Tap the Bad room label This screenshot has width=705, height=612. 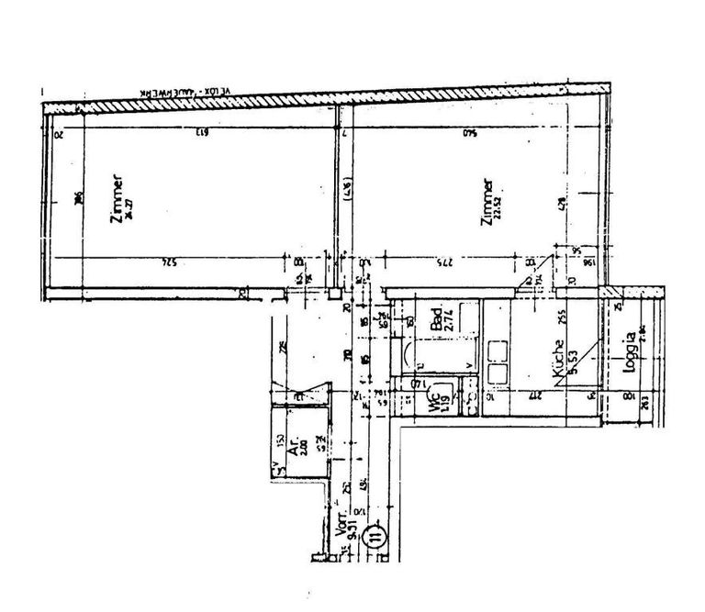click(436, 317)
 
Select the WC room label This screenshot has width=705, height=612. click(432, 401)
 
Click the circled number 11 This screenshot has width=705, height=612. click(375, 534)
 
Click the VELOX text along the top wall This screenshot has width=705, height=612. click(220, 94)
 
